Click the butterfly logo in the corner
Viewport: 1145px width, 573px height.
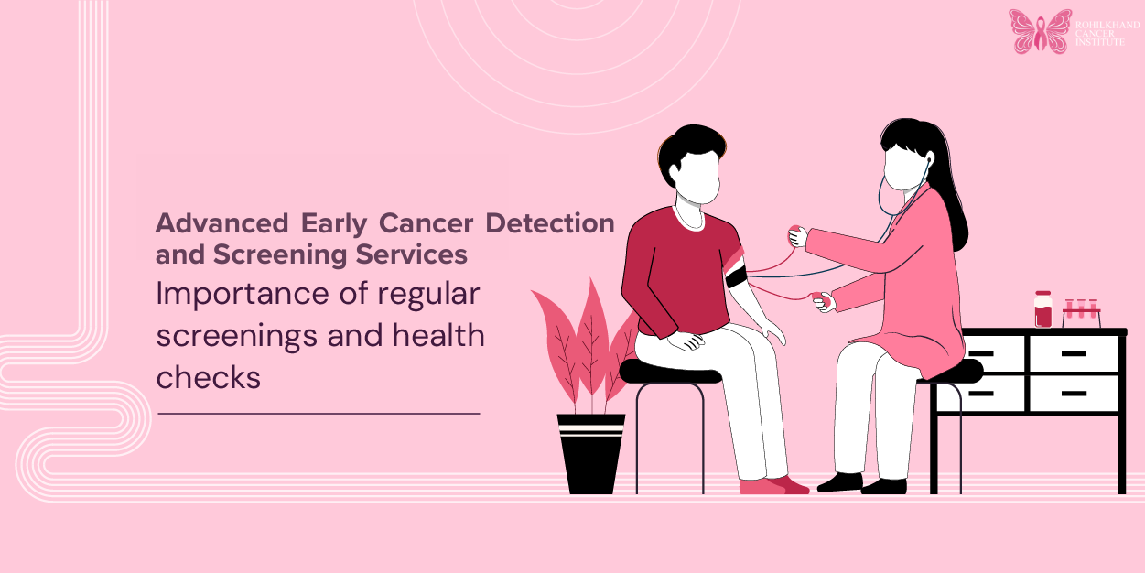(1040, 31)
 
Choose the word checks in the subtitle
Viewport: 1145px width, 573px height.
(209, 376)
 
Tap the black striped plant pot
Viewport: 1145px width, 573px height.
(591, 452)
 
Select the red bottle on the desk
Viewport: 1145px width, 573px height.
(1043, 309)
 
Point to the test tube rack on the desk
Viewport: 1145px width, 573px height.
(1081, 312)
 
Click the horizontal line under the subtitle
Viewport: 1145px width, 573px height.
(319, 414)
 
